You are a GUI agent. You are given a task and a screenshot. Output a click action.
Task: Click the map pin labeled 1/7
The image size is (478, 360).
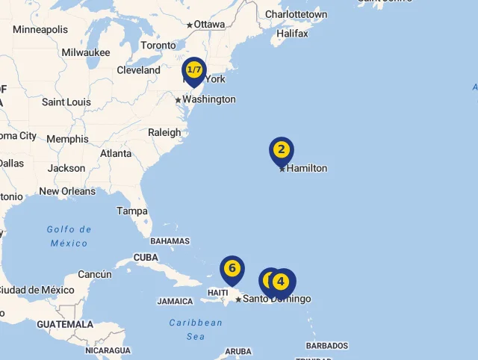click(x=194, y=70)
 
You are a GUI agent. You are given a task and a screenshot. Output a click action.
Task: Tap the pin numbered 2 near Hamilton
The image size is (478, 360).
click(x=282, y=150)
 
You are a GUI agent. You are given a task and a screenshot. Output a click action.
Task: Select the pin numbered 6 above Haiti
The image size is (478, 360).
click(x=232, y=268)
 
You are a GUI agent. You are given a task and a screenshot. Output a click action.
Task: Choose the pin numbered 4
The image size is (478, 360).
click(x=281, y=282)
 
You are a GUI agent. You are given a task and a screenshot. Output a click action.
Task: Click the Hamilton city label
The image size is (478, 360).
click(x=307, y=168)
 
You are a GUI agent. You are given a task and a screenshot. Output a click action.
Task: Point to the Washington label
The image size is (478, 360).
click(x=209, y=99)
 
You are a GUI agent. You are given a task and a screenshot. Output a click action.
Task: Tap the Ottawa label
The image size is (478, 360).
click(x=210, y=25)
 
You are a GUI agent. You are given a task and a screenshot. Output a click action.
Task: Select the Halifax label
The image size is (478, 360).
click(x=292, y=34)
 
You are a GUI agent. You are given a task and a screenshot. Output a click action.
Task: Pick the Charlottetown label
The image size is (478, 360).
click(x=296, y=14)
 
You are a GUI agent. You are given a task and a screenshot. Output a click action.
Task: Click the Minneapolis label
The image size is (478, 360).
click(x=40, y=30)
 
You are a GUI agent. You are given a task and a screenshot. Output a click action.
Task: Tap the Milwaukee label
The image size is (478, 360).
click(x=86, y=52)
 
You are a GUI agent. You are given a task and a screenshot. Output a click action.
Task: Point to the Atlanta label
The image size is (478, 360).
click(x=116, y=153)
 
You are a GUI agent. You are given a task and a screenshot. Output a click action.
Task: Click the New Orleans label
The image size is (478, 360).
click(x=67, y=191)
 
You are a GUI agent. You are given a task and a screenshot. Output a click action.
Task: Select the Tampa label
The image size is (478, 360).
click(x=131, y=211)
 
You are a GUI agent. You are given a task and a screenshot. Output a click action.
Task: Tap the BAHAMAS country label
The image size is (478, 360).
click(x=170, y=241)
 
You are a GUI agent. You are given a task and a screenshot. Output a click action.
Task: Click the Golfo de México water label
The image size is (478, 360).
click(x=69, y=236)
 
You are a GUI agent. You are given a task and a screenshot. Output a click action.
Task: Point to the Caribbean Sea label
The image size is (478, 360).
click(x=196, y=329)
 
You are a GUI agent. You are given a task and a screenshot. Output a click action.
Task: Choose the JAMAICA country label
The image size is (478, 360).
click(x=176, y=302)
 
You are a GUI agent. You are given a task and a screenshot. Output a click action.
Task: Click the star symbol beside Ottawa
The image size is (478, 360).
click(x=190, y=25)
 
